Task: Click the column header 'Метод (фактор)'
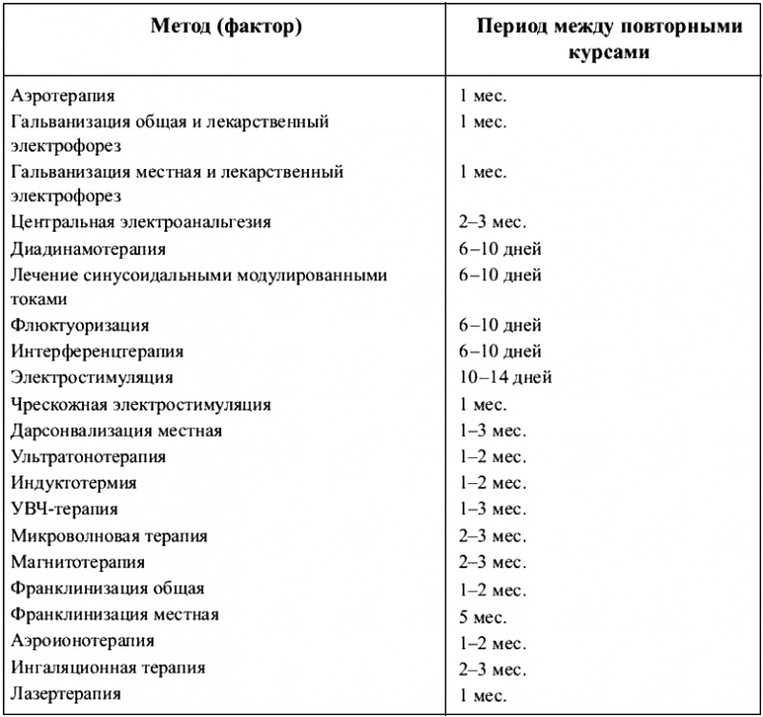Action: tap(226, 27)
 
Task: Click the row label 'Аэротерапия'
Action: tap(64, 96)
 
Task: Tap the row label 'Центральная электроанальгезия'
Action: tap(141, 221)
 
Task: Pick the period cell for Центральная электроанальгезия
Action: tap(493, 221)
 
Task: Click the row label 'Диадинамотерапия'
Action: tap(89, 248)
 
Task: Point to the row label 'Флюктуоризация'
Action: tap(80, 326)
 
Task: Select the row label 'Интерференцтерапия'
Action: tap(98, 352)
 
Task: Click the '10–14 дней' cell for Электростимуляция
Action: tap(505, 378)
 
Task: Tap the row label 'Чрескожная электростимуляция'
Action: tap(141, 405)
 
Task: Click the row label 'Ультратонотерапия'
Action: tap(89, 457)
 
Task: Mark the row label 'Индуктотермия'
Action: tap(74, 483)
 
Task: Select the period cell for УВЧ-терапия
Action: tap(493, 509)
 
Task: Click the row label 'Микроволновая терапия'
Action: tap(109, 535)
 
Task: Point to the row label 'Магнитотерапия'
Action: tap(78, 561)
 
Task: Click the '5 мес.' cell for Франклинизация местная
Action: tap(483, 616)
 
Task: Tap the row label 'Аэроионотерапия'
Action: tap(83, 641)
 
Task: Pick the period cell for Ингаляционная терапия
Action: tap(493, 668)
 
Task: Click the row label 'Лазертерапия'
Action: tap(67, 694)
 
